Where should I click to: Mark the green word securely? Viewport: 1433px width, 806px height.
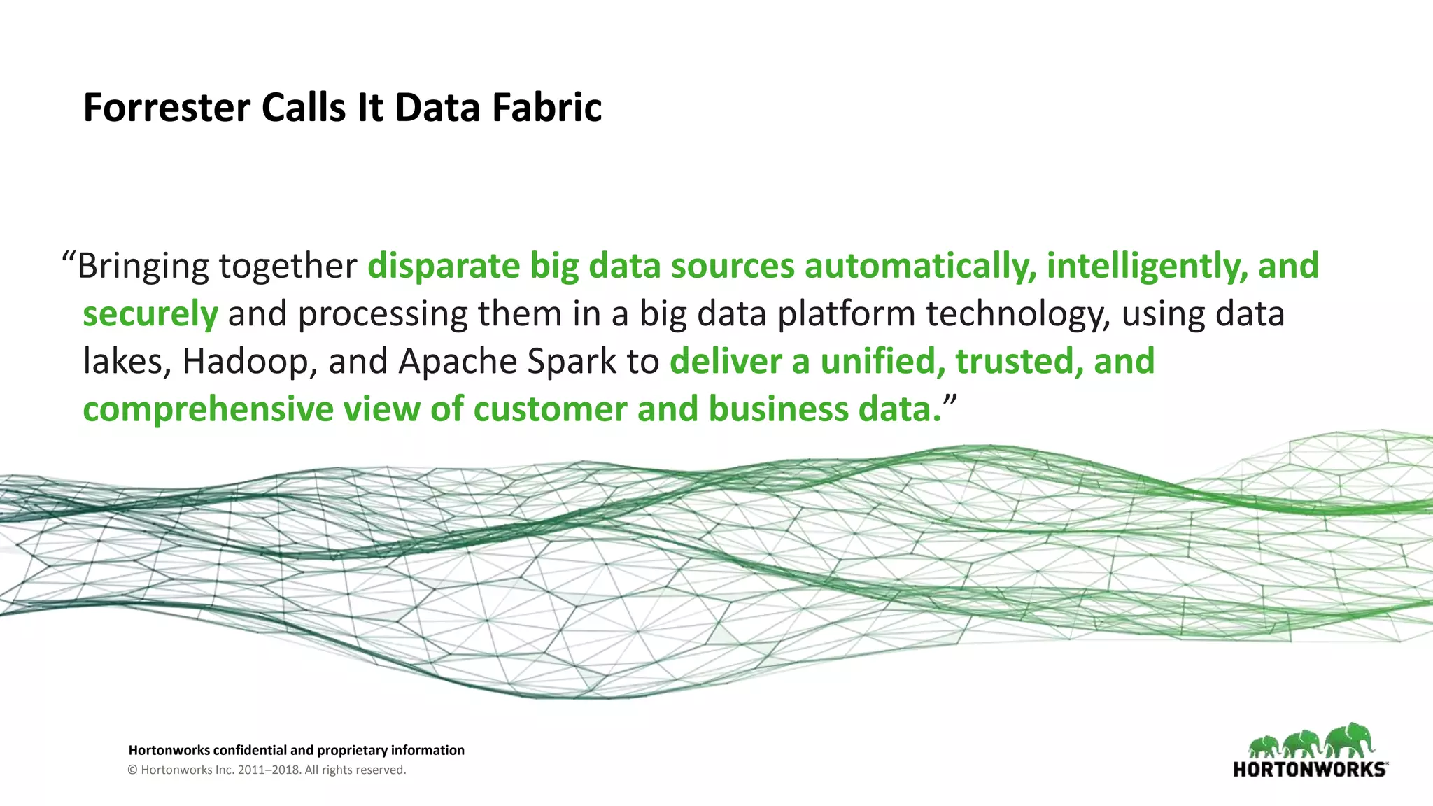point(150,315)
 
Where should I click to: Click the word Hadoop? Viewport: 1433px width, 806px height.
point(245,362)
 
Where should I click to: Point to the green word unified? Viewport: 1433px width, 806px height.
point(882,362)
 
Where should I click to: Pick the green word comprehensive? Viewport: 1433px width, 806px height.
point(208,410)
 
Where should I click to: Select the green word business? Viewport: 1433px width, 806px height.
point(778,410)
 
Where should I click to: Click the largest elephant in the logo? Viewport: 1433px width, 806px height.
point(1348,742)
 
